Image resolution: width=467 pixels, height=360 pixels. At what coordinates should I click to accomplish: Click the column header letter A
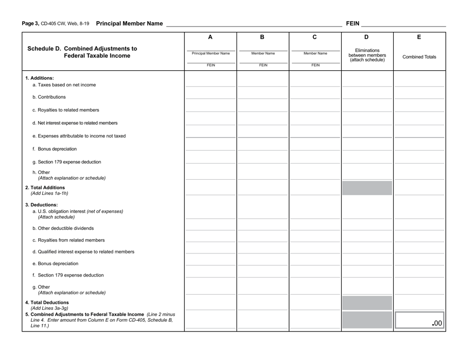click(210, 37)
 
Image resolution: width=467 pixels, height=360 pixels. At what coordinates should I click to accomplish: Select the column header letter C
click(315, 37)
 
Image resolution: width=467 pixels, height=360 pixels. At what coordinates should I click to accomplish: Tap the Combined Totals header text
click(419, 57)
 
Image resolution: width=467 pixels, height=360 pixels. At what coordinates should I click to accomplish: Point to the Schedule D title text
click(82, 52)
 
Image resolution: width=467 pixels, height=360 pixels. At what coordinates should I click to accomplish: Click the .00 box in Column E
click(419, 321)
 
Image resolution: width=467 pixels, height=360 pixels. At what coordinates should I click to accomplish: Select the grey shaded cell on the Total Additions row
click(367, 188)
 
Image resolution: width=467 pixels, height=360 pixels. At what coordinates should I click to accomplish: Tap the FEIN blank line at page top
click(403, 23)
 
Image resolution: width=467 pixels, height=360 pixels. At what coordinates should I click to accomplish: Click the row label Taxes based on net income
click(57, 84)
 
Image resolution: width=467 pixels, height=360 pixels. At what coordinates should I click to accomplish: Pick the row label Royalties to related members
click(65, 110)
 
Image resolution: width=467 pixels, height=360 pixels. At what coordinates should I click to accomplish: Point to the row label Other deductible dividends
click(63, 228)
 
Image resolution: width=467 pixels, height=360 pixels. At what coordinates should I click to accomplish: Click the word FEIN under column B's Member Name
click(263, 65)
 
